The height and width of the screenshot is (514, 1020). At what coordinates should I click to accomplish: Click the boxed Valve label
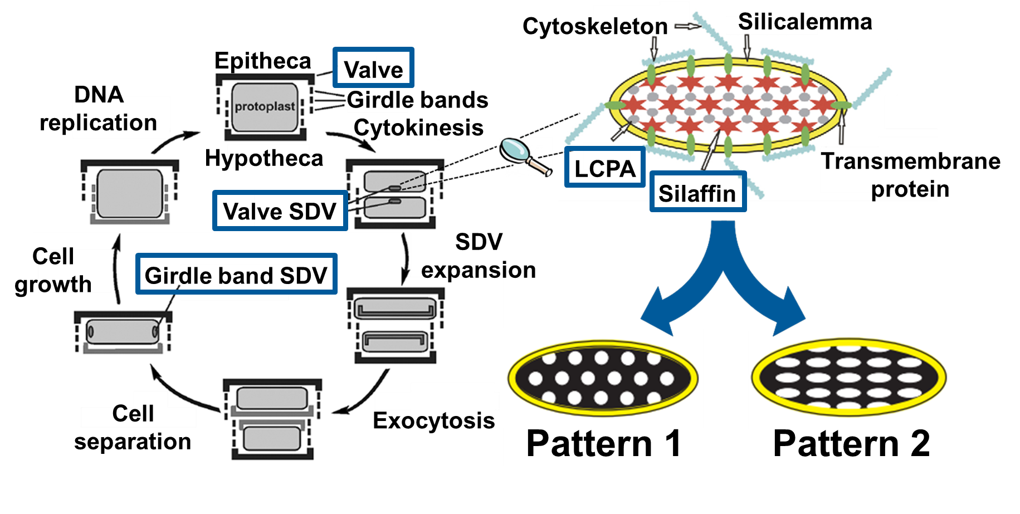[x=373, y=68]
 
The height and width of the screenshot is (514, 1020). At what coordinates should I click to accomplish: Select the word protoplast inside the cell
[x=265, y=106]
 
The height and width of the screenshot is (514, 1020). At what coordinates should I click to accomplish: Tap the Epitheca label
[x=262, y=61]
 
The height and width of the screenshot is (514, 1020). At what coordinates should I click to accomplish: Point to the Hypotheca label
[x=263, y=158]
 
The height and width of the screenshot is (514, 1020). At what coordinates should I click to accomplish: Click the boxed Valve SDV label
[x=280, y=211]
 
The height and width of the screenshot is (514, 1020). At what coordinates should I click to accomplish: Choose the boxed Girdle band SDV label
[x=236, y=275]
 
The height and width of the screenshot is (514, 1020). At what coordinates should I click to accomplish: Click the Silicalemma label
[x=804, y=22]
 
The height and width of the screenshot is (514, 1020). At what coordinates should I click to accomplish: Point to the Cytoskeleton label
[x=594, y=26]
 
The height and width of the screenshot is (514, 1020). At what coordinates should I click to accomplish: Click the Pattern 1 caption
[x=603, y=444]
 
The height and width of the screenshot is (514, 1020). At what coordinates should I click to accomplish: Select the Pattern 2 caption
[x=851, y=444]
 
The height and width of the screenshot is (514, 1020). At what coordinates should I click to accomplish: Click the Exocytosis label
[x=433, y=420]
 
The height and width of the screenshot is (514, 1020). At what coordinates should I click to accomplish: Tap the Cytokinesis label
[x=418, y=128]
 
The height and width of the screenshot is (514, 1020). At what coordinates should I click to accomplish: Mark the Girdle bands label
[x=417, y=100]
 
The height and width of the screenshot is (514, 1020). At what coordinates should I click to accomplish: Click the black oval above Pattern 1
[x=602, y=378]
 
